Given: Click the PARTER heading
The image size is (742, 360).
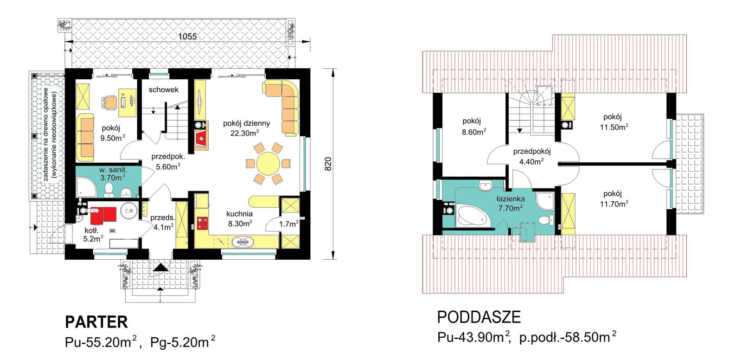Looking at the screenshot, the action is [96, 322].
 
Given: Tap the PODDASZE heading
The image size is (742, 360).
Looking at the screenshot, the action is [479, 317].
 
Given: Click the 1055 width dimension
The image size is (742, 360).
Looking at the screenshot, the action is [187, 37].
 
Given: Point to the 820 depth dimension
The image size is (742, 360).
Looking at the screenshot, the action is [327, 164].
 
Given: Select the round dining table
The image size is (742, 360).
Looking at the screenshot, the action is [268, 163].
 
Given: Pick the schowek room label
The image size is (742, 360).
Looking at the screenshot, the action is [164, 90].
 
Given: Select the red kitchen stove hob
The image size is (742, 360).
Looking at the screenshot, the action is [202, 223].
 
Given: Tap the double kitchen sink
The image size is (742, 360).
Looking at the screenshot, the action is [243, 242].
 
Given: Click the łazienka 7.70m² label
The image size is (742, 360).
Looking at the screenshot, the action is [511, 203].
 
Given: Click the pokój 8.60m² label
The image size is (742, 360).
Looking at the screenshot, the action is [474, 126].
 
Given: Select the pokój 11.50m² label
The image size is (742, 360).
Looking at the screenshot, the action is [614, 122].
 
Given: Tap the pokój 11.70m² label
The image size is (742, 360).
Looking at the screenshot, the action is [614, 199].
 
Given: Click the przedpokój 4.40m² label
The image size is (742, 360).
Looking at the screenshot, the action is [532, 156].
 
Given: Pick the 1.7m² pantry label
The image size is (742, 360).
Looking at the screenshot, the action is [288, 224].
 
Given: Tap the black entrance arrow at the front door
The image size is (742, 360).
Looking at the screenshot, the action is [160, 268].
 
